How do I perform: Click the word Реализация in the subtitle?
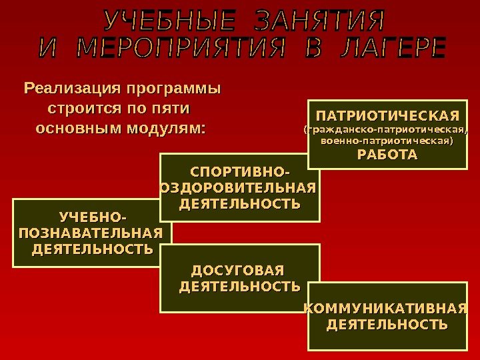tap(73, 88)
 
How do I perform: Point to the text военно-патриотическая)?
tap(387, 141)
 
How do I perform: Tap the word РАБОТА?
tap(387, 156)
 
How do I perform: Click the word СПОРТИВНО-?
tap(240, 175)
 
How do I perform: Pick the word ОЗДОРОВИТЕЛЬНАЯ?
tap(239, 189)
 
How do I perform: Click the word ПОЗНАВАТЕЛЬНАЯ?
tap(91, 233)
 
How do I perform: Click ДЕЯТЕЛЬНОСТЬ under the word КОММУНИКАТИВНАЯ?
tap(387, 325)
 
